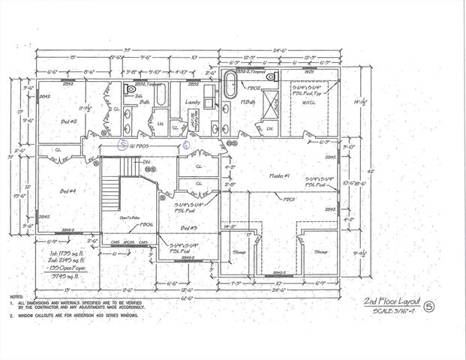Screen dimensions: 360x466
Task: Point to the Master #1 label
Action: click(280, 175)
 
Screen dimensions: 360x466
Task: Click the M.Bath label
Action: click(248, 102)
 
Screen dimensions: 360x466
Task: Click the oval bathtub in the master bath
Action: click(233, 81)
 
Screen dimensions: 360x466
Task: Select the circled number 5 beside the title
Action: click(428, 306)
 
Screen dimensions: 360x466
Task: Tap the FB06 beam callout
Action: click(147, 224)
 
